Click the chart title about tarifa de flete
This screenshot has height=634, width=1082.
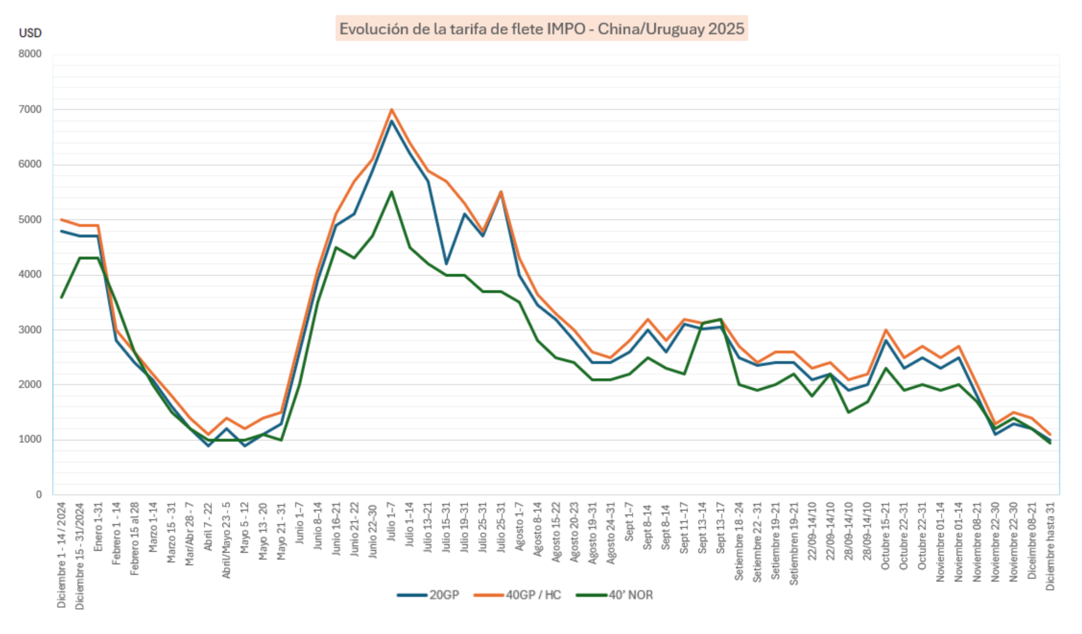point(541,29)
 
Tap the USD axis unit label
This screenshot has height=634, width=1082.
point(30,33)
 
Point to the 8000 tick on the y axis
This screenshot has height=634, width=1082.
point(30,54)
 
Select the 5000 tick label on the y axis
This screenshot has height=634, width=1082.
point(30,220)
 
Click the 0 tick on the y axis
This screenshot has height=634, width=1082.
point(38,495)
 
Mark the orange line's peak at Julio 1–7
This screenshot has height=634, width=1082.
point(391,109)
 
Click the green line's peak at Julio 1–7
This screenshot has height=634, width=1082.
point(391,192)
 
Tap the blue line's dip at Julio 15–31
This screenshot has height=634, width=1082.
point(446,264)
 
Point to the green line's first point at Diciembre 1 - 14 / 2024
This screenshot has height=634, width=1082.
point(61,297)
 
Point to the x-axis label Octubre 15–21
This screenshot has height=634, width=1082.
point(885,536)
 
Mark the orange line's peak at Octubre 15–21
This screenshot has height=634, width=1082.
point(885,330)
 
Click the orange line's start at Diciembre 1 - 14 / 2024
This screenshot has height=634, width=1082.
point(61,220)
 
